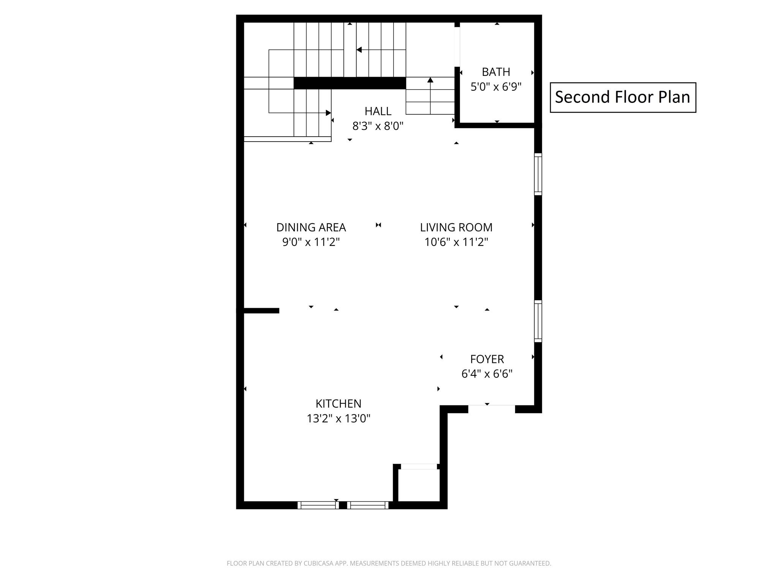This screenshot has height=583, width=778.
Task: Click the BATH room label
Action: coord(496,72)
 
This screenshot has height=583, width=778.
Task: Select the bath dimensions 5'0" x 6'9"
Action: coord(496,87)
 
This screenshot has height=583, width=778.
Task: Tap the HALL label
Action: coord(378,111)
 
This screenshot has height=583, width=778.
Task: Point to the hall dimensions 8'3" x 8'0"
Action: coord(378,126)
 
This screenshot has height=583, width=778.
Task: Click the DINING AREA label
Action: coord(311,227)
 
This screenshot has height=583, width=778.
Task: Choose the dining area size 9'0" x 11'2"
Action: coord(311,242)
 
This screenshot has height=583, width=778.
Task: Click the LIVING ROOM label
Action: coord(456,227)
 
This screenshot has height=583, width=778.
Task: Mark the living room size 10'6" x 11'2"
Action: coord(456,242)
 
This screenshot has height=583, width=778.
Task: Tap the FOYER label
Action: coord(487,359)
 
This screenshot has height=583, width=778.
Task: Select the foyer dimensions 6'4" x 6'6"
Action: coord(487,374)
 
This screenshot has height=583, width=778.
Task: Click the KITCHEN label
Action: coord(338,403)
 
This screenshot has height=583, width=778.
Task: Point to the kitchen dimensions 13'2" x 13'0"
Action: coord(338,418)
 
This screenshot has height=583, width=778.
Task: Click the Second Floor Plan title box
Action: coord(623,98)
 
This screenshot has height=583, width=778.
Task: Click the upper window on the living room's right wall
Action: coord(538,174)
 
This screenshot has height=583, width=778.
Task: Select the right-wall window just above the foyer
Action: coord(538,321)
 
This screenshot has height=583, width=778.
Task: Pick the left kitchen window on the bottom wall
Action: coord(318,505)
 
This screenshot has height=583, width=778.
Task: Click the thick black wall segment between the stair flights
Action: coord(350,83)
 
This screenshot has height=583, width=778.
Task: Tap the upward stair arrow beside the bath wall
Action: coord(430,95)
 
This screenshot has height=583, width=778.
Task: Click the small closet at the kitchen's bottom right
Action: coord(419,485)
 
